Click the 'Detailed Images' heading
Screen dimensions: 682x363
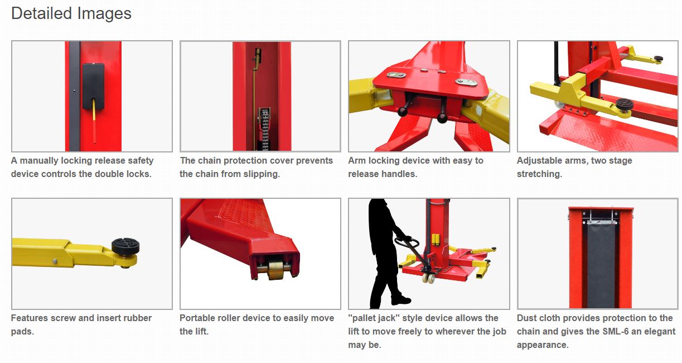pos(71,14)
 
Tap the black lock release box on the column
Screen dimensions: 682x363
pos(93,86)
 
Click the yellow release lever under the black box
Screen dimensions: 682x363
pos(94,121)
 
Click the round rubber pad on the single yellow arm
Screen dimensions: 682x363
pos(125,246)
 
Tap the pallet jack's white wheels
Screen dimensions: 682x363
pos(428,278)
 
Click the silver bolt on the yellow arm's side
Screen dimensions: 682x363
pos(55,261)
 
